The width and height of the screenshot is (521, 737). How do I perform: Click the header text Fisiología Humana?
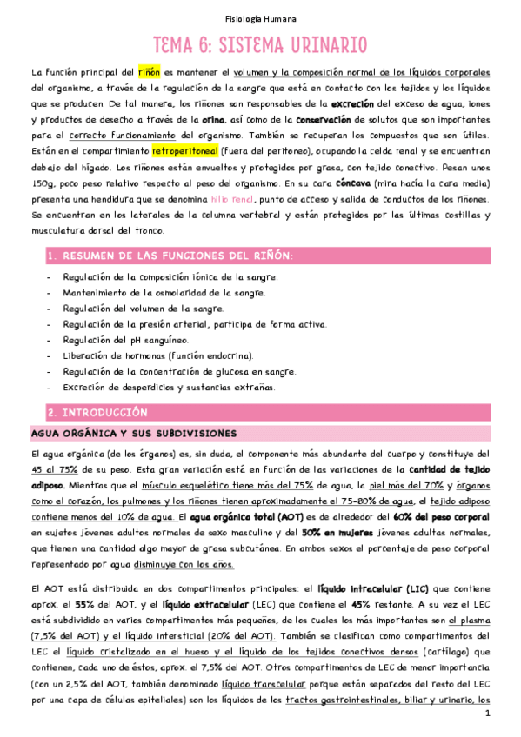[x=260, y=17]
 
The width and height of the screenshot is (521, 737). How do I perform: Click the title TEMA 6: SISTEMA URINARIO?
[x=260, y=45]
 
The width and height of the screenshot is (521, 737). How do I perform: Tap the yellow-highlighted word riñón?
[x=149, y=71]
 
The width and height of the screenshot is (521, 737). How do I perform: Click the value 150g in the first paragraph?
[x=40, y=183]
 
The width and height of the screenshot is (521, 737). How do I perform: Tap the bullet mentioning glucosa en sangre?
[x=179, y=371]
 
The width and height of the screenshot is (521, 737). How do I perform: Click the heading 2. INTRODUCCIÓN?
[x=97, y=412]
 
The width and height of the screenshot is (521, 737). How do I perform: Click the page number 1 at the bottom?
[x=489, y=714]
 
